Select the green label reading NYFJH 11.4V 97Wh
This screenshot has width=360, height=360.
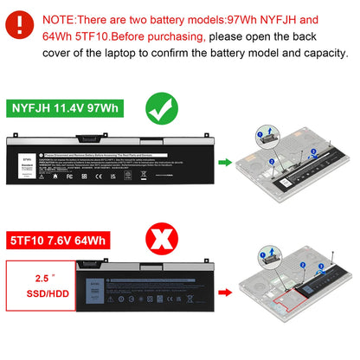(x=65, y=109)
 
